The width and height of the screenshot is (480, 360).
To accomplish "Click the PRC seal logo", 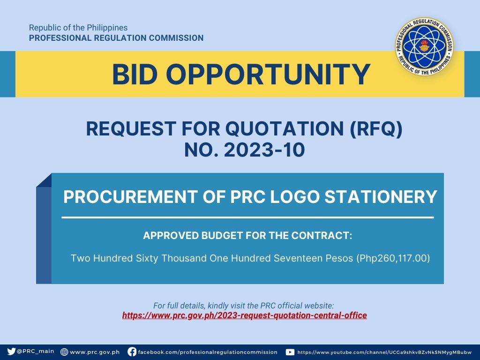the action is [424, 46].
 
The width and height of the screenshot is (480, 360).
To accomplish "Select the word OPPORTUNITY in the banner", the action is [268, 75].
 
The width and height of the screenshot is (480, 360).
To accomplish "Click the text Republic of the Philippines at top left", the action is [78, 28].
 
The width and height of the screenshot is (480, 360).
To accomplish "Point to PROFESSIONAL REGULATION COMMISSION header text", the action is [116, 38].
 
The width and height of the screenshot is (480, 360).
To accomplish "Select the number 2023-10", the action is [264, 150].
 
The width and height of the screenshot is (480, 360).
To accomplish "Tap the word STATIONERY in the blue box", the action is [381, 196].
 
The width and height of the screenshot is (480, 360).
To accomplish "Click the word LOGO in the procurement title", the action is [295, 196].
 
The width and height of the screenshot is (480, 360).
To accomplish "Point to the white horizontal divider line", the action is [247, 217].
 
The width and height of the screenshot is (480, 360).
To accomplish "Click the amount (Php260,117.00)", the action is [393, 258].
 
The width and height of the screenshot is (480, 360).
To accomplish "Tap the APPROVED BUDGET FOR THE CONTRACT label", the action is [247, 235].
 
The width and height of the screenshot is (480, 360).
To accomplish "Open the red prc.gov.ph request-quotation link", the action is [245, 315].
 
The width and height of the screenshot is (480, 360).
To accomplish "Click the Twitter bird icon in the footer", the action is [11, 352].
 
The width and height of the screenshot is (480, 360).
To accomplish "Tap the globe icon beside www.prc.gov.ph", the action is [64, 352].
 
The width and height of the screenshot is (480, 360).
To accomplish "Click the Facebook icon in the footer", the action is [132, 352].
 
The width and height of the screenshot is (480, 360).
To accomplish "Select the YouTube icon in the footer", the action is [290, 352].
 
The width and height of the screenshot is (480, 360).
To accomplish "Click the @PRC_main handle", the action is [36, 352].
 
